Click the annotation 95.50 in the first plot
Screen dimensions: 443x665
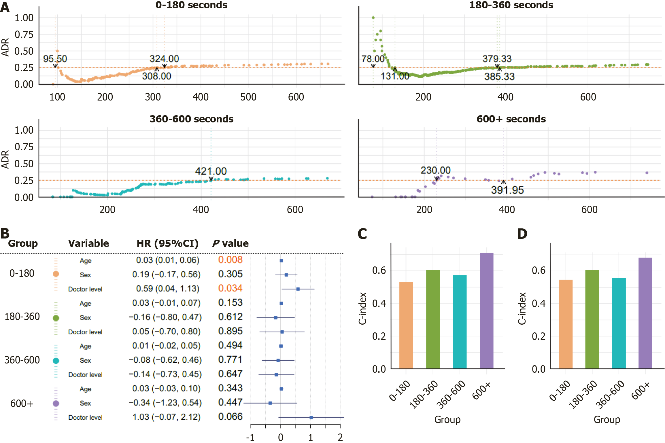55,59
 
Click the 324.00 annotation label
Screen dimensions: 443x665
164,59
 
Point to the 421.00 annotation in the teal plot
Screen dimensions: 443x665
211,171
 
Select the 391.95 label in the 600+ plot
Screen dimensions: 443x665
507,190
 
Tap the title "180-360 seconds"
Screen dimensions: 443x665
511,5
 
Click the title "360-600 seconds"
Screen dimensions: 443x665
191,119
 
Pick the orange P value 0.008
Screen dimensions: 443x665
230,260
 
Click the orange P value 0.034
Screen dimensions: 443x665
230,288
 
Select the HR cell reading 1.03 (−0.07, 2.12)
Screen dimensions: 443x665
167,417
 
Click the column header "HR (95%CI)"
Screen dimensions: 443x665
167,243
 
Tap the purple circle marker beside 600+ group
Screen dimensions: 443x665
56,404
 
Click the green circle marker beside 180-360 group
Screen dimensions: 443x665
56,318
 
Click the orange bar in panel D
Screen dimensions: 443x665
565,324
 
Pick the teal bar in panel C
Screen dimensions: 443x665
460,322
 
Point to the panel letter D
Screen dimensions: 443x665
522,234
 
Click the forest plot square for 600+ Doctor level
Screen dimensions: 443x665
311,417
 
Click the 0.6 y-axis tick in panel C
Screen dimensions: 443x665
379,270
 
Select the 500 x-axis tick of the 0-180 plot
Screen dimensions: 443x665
248,97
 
